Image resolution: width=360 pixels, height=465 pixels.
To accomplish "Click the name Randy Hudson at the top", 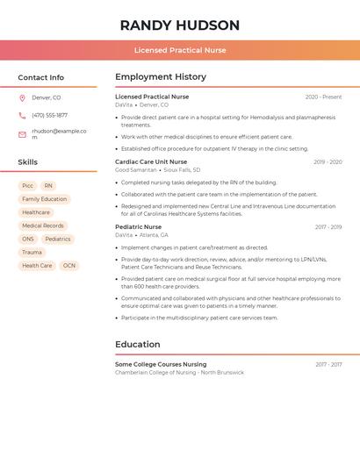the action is click(179, 25).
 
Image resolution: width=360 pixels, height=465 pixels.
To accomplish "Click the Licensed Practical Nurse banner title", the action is click(179, 50).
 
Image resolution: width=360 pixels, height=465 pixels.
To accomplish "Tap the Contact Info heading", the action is click(40, 77).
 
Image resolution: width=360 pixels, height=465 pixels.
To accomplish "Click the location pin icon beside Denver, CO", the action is click(22, 98).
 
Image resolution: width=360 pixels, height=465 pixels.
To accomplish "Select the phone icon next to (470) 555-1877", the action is click(22, 116).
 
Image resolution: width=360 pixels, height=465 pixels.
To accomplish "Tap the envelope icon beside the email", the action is click(22, 134).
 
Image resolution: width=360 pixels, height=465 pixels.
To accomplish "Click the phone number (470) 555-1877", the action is click(49, 116).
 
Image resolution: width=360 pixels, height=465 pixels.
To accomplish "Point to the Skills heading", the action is click(27, 162).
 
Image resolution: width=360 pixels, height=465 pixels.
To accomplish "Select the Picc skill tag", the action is click(27, 186).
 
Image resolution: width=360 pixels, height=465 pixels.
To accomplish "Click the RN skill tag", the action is click(48, 186).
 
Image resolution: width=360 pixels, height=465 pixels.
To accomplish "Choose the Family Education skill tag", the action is click(44, 199).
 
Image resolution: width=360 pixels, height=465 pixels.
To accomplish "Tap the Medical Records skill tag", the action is click(42, 225).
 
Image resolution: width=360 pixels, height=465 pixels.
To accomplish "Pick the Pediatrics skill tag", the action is click(58, 239).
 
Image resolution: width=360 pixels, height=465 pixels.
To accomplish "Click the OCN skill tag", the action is click(69, 266).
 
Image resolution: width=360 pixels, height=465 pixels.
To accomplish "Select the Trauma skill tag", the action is click(32, 253).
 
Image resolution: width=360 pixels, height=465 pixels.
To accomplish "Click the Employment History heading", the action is click(161, 77).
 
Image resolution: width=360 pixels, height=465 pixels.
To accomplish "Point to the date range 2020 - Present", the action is click(323, 97).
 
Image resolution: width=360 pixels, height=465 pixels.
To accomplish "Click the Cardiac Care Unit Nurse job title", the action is click(151, 161).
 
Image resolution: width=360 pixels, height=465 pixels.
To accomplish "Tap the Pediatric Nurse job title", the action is click(138, 227).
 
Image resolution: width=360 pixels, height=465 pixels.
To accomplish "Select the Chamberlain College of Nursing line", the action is click(179, 373).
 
